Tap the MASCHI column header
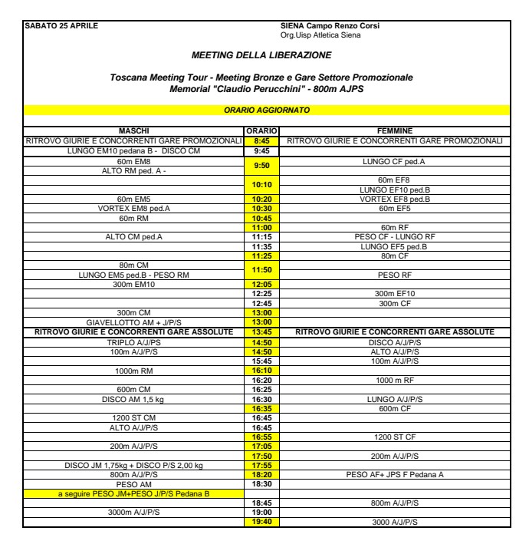tap(133, 131)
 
